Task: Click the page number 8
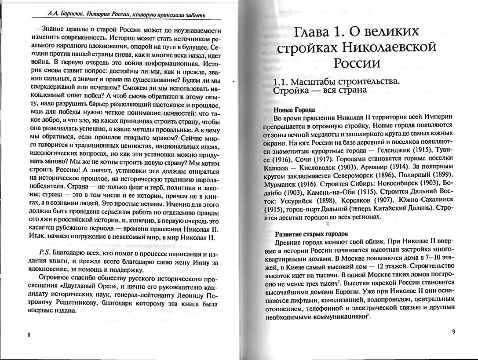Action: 29,335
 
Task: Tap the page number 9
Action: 453,332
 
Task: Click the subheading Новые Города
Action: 294,109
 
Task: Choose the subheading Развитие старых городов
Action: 311,234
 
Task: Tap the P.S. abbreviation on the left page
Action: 45,255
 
